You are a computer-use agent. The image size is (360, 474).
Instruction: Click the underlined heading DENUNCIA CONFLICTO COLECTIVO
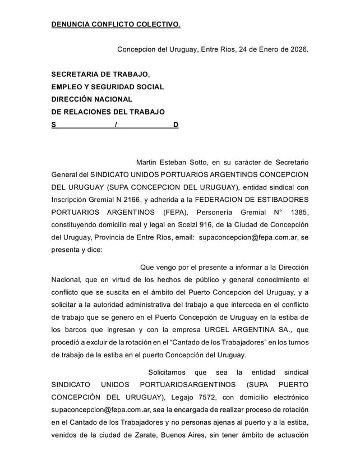point(116,25)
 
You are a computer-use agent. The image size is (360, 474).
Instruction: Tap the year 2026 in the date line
point(297,49)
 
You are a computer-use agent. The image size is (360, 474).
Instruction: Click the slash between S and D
point(115,124)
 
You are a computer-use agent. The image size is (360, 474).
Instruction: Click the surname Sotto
point(201,163)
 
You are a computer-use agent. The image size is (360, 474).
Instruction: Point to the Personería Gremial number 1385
point(297,213)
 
